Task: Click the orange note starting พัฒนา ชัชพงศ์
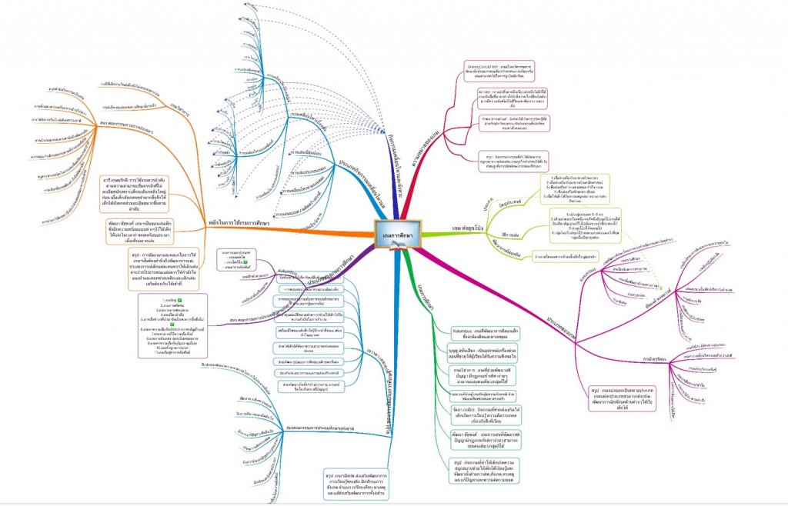(145, 231)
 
